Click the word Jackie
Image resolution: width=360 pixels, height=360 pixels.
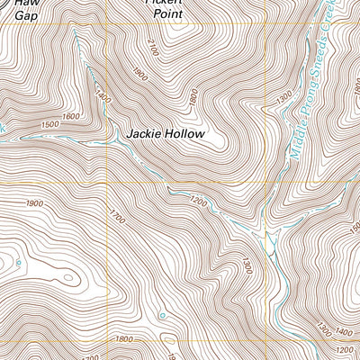coord(144,134)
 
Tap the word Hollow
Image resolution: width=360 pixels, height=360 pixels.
coord(185,134)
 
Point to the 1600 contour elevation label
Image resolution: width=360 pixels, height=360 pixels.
coord(70,115)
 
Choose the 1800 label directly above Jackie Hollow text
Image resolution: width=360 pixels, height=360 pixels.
coord(192,96)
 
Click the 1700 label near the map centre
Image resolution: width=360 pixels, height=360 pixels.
coord(116,216)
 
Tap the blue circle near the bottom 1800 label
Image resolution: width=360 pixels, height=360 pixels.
coord(162,316)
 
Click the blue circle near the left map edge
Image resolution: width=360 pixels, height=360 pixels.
coord(15,262)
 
